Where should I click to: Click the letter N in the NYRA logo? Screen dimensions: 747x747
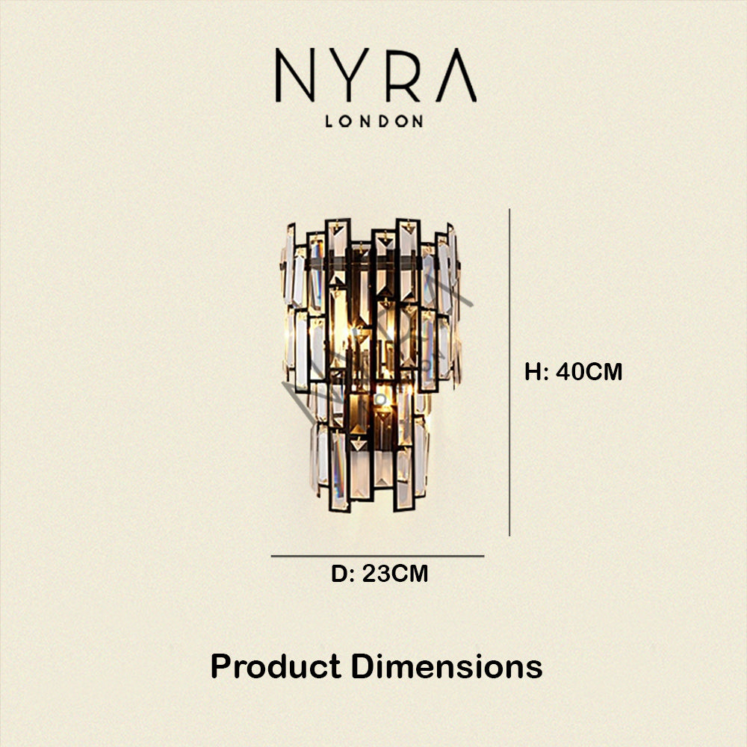pos(295,75)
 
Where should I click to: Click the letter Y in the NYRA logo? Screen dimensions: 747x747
pos(349,75)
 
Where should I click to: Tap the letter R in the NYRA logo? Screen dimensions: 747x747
pos(402,75)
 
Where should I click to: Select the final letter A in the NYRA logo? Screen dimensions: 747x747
pos(456,75)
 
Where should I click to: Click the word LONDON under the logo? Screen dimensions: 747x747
pos(374,121)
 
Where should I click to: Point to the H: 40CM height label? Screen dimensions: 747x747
pos(574,371)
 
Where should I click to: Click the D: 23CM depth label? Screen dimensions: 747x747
pos(379,574)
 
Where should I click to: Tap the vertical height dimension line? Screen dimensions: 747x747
pos(509,372)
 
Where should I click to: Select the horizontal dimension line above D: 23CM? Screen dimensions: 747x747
pos(377,556)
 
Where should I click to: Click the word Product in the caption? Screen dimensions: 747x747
pos(276,666)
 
